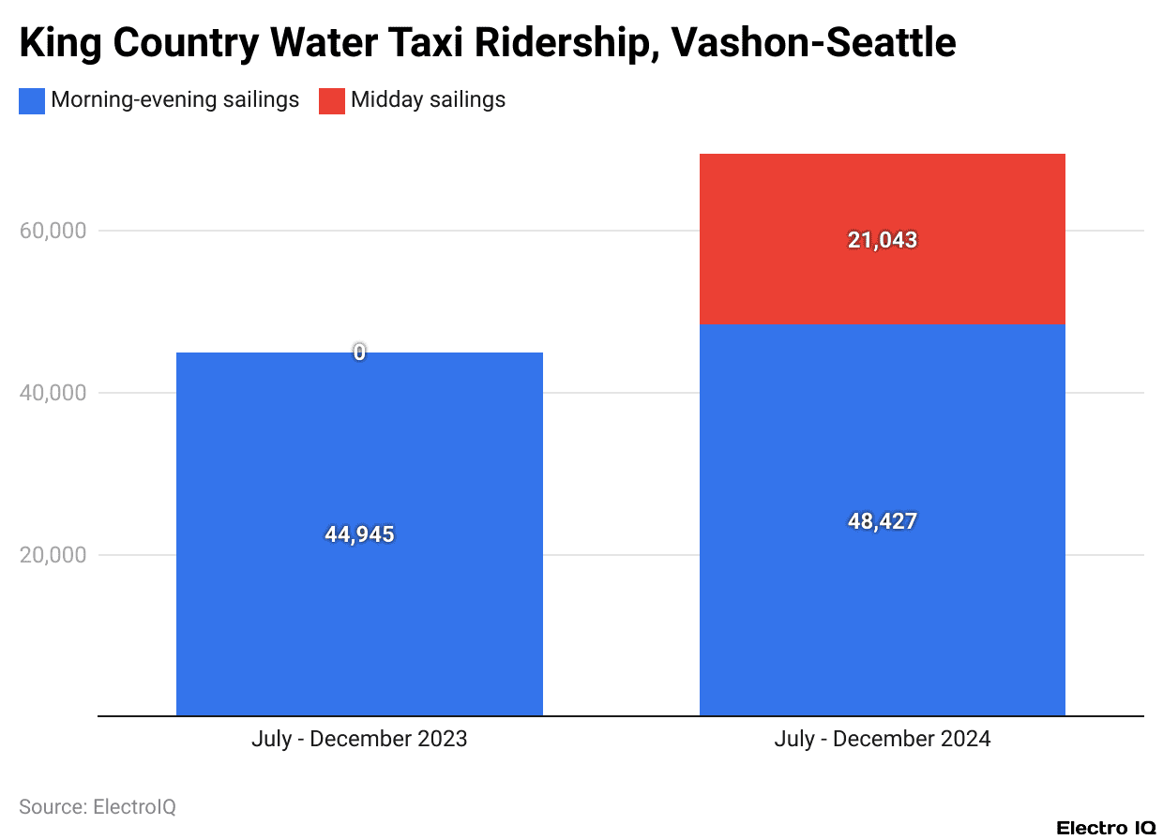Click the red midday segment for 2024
tap(882, 281)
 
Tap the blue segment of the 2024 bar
tap(882, 609)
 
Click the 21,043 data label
tap(882, 240)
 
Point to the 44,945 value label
tap(359, 534)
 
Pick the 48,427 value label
tap(882, 521)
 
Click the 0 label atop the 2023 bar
tap(359, 352)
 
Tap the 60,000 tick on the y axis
tap(53, 231)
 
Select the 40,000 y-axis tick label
tap(53, 393)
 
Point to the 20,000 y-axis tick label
tap(53, 555)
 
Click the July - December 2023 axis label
tap(359, 739)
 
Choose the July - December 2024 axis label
tap(882, 739)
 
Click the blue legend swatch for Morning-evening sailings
tap(32, 100)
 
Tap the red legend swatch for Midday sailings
tap(332, 100)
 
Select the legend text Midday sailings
tap(428, 100)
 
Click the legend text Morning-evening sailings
tap(175, 100)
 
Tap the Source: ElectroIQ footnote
tap(98, 806)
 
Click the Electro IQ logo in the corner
tap(1106, 828)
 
